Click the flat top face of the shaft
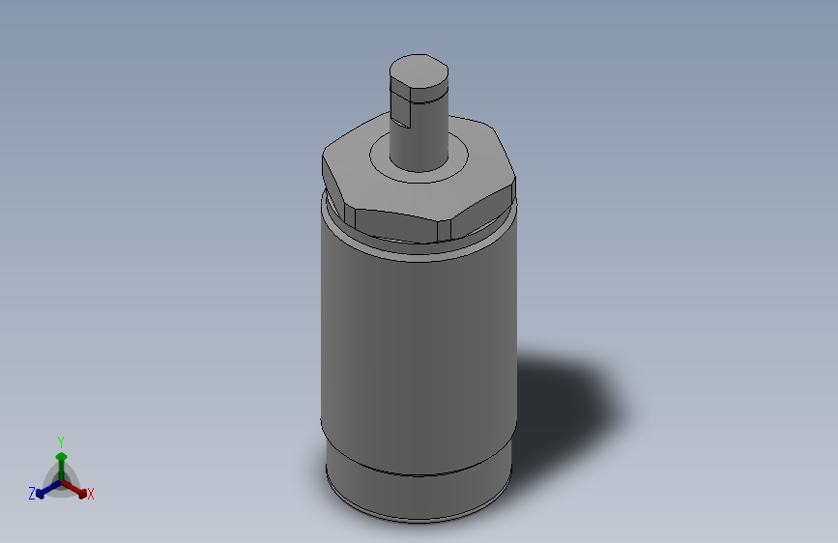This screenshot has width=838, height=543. [x=419, y=70]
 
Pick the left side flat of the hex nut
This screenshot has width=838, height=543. [x=334, y=186]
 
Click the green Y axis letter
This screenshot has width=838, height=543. [x=61, y=441]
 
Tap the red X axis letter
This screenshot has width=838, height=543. [x=91, y=495]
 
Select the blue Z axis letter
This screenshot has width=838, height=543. [x=32, y=494]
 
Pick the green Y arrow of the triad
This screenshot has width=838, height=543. [x=61, y=461]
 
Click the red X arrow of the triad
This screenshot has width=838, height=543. [x=76, y=488]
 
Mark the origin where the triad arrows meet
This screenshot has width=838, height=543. [x=61, y=480]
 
